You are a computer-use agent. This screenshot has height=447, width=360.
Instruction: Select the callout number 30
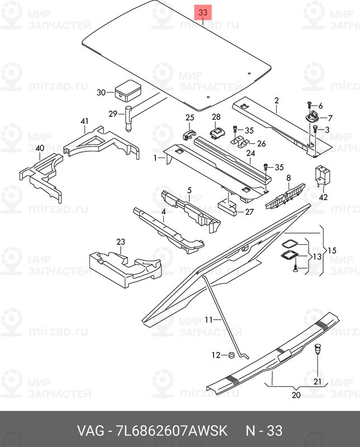click(101, 93)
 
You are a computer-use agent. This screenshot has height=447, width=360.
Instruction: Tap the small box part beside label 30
click(127, 89)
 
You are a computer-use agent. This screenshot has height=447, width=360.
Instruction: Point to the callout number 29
click(112, 114)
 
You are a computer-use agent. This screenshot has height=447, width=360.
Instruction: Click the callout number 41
click(84, 121)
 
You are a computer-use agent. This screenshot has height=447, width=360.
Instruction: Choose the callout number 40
click(39, 148)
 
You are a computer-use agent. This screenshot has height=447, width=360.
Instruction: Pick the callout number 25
click(190, 117)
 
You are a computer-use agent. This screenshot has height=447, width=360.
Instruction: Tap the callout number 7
click(330, 118)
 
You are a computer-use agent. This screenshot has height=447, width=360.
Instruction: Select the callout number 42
click(323, 196)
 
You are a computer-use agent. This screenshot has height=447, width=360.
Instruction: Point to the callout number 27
click(249, 212)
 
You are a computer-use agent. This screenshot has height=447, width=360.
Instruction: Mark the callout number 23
click(120, 242)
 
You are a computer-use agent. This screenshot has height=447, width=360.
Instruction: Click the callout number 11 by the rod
click(209, 320)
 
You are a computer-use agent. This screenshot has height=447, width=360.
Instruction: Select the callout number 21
click(318, 382)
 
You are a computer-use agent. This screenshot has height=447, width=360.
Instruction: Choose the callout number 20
click(296, 395)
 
